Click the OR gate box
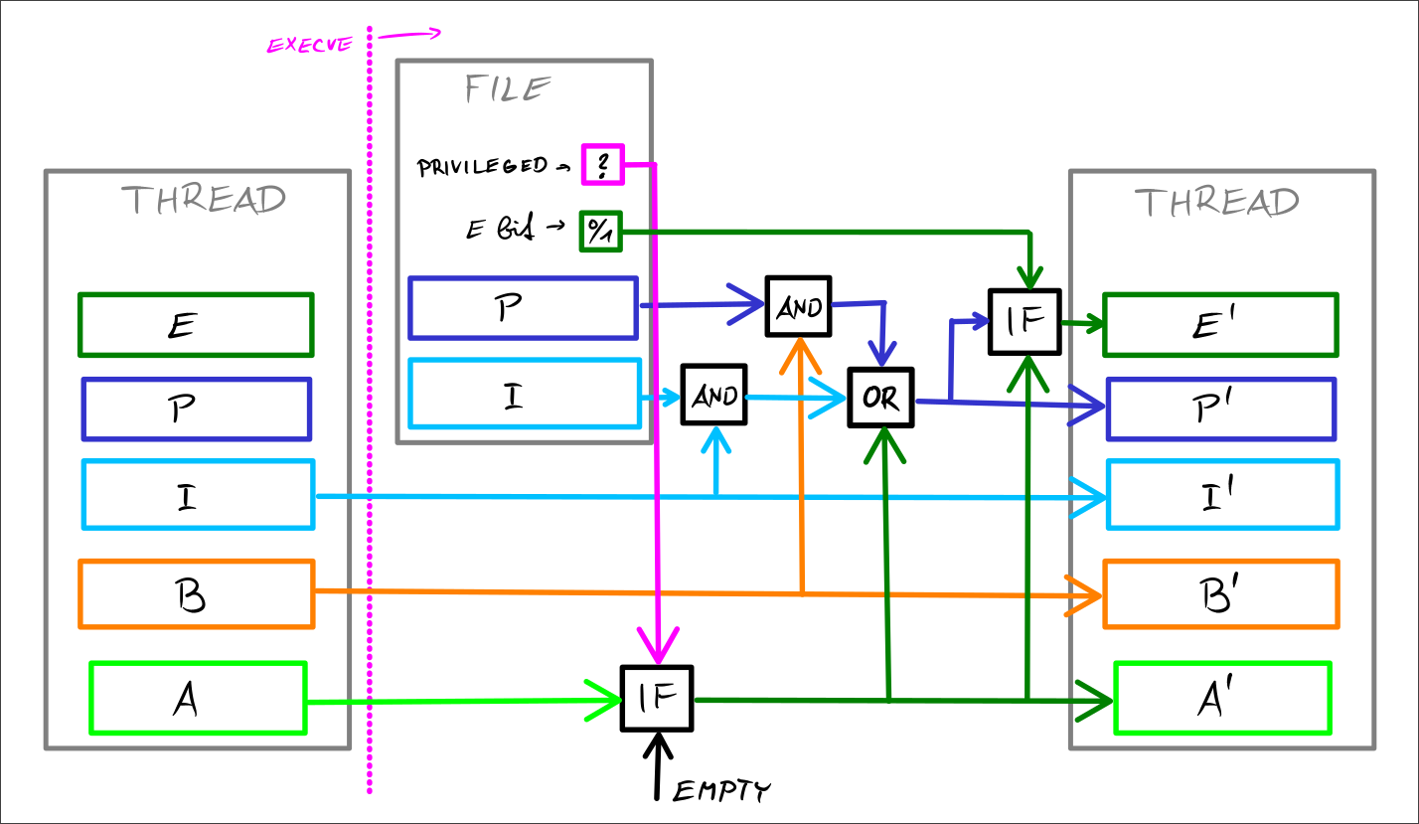(879, 398)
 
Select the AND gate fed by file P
(798, 307)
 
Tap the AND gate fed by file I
(713, 395)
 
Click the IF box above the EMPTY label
(656, 699)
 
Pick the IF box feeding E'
(1025, 321)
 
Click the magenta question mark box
(602, 164)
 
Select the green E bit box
(600, 233)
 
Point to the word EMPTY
(721, 791)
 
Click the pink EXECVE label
(309, 45)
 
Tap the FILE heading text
(508, 89)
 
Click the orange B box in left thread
(196, 594)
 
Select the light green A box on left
(197, 698)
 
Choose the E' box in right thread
(1220, 324)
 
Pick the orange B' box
(1220, 594)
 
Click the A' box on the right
(1222, 699)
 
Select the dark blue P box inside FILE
(523, 308)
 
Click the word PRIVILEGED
(482, 166)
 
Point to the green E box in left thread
(196, 325)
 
